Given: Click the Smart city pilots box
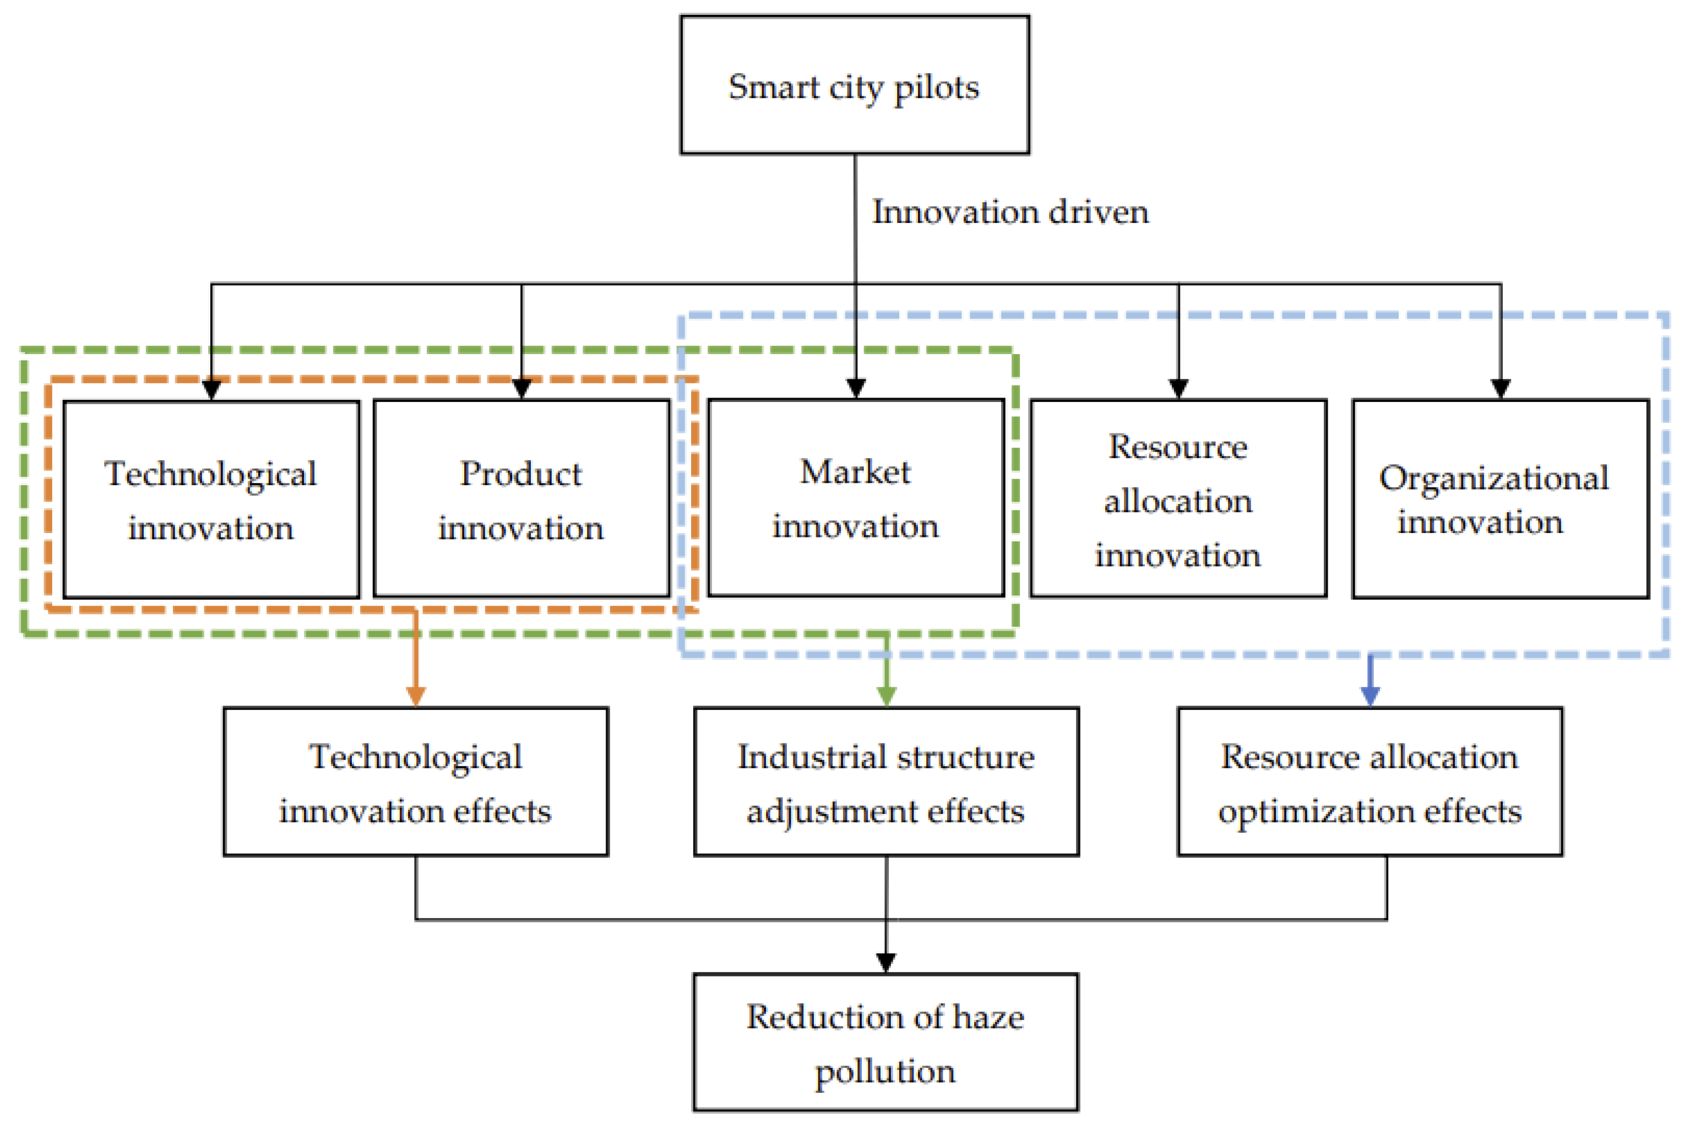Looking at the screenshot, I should click(x=854, y=85).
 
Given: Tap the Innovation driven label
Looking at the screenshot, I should click(x=1010, y=212).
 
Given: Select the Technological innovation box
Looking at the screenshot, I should click(x=211, y=499).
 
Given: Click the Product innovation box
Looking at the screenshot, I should click(x=521, y=499).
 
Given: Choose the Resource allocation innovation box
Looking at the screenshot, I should click(x=1177, y=499).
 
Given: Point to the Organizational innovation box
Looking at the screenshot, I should click(x=1500, y=499).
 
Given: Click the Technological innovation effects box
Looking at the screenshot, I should click(x=416, y=782).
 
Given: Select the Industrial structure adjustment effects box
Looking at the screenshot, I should click(x=886, y=782).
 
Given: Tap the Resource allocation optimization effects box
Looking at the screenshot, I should click(x=1370, y=782).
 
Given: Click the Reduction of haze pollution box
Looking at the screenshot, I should click(x=885, y=1043).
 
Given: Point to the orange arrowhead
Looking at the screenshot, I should click(x=416, y=696).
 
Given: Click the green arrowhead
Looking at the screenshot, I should click(x=887, y=696).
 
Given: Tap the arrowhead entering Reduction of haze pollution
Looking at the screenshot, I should click(x=886, y=962).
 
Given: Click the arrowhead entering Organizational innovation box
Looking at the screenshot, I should click(x=1500, y=388).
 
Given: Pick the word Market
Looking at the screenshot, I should click(x=855, y=471).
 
